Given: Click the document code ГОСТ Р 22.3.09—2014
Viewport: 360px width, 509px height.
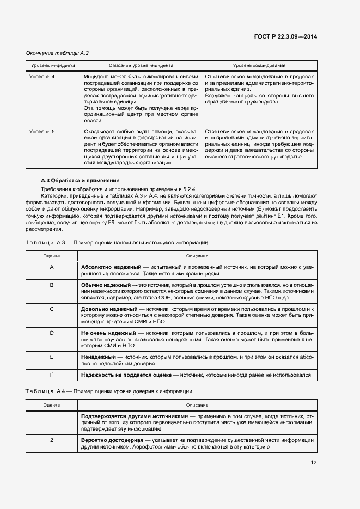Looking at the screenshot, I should [x=285, y=36].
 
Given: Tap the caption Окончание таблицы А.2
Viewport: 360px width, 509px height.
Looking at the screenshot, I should [x=57, y=53].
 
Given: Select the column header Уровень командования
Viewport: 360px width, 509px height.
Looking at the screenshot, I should [x=259, y=65].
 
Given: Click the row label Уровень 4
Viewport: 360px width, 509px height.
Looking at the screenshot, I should [x=42, y=77].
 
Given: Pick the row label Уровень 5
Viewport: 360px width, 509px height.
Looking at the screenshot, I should [x=42, y=132].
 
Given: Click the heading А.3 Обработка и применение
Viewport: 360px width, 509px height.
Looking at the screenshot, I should [x=80, y=180].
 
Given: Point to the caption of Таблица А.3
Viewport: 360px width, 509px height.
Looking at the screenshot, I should [x=116, y=242].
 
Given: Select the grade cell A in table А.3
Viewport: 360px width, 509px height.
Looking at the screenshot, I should [x=52, y=267].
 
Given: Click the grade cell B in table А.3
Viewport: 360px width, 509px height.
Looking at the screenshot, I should [x=52, y=285].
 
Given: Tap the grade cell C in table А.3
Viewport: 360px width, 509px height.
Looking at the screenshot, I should [x=52, y=309].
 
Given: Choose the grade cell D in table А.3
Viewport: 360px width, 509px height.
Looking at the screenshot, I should [x=52, y=332].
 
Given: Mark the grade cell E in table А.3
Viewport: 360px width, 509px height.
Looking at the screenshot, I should [x=52, y=356].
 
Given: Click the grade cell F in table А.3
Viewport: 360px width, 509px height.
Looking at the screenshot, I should [x=52, y=375].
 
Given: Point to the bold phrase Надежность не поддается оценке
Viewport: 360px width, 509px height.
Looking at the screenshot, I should [x=126, y=375].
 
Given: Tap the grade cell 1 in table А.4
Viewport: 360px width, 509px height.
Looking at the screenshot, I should [x=52, y=416].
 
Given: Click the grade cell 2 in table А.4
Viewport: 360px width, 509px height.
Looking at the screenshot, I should [x=52, y=440].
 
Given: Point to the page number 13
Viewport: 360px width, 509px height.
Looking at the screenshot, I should [x=313, y=463].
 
